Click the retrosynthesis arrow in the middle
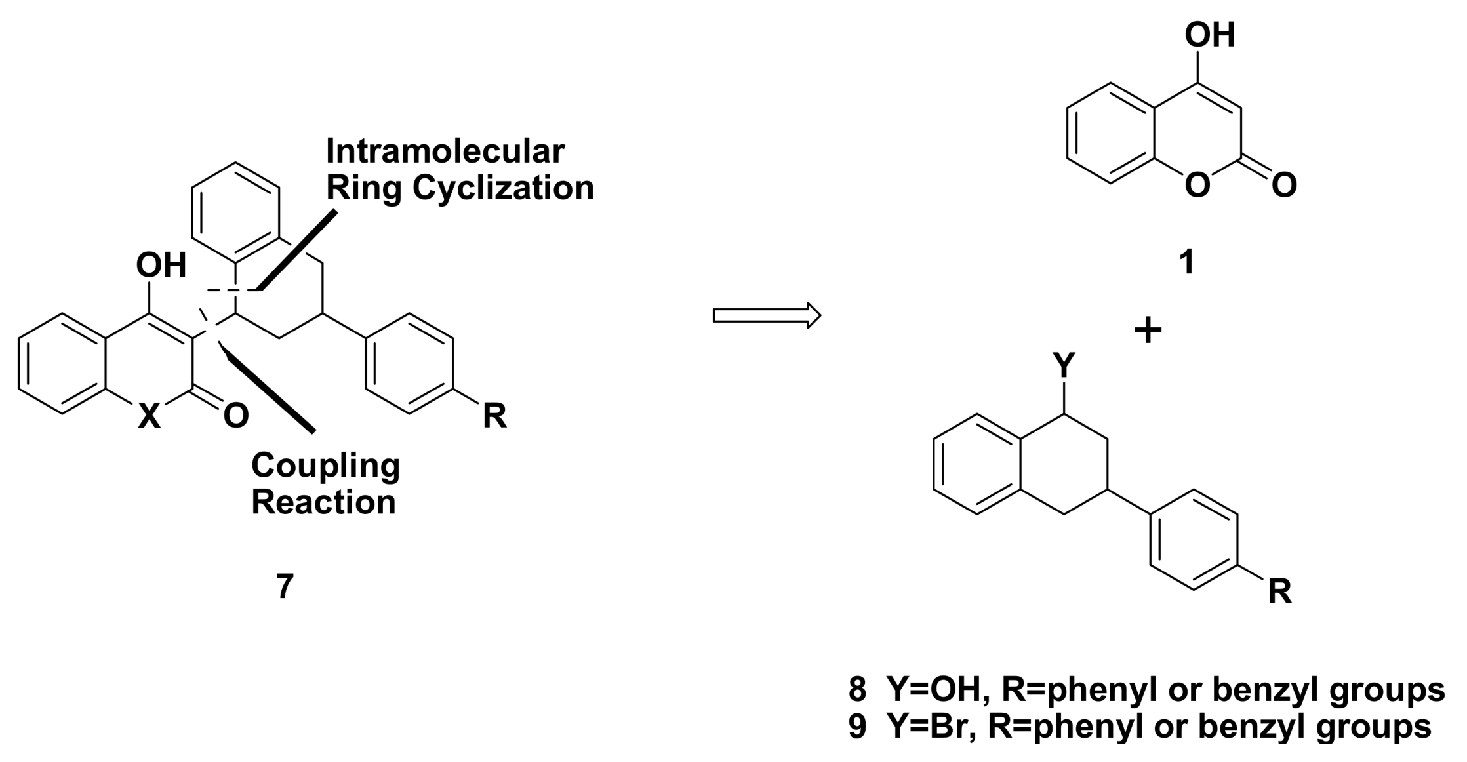[x=766, y=315]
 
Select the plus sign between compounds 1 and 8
[x=1148, y=331]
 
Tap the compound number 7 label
[x=285, y=586]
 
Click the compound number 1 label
[x=1186, y=262]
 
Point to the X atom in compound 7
[x=149, y=416]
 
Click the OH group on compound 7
[x=161, y=266]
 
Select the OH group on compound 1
[x=1210, y=35]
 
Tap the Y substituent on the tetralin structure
[x=1064, y=365]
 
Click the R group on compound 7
[x=495, y=416]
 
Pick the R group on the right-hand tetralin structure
[x=1279, y=592]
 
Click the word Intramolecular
[x=445, y=151]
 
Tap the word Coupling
[x=325, y=466]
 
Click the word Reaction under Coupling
[x=323, y=503]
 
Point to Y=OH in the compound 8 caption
[x=926, y=689]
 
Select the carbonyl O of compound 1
[x=1284, y=185]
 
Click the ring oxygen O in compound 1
[x=1197, y=185]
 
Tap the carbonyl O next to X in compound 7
[x=236, y=415]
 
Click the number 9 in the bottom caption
[x=857, y=727]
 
